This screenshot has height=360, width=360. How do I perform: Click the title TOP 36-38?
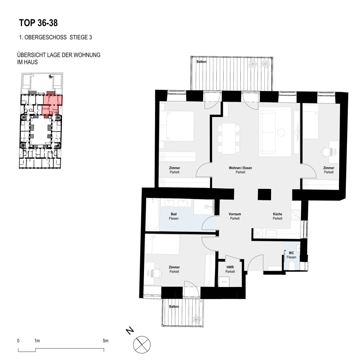(38, 23)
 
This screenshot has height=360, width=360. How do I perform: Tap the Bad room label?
(174, 214)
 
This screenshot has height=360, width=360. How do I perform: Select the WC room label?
(291, 253)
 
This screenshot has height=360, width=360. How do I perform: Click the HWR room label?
(230, 267)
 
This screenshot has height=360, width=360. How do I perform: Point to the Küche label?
(277, 214)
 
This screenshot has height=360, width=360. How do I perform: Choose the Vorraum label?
(235, 214)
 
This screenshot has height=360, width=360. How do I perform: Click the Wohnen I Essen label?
(240, 168)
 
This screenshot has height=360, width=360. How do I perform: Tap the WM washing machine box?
(224, 282)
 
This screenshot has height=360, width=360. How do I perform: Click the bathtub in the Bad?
(153, 214)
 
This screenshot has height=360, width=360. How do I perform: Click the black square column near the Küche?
(264, 194)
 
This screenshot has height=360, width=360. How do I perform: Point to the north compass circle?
(142, 345)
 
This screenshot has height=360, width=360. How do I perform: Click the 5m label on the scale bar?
(105, 341)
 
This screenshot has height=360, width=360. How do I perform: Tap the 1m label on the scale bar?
(37, 341)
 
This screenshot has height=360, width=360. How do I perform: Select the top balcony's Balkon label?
(201, 62)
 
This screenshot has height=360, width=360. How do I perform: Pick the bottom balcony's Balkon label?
(174, 307)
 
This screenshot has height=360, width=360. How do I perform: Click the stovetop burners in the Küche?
(295, 215)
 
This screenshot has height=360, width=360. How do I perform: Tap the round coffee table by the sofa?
(281, 132)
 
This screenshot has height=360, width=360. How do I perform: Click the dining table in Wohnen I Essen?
(228, 138)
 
